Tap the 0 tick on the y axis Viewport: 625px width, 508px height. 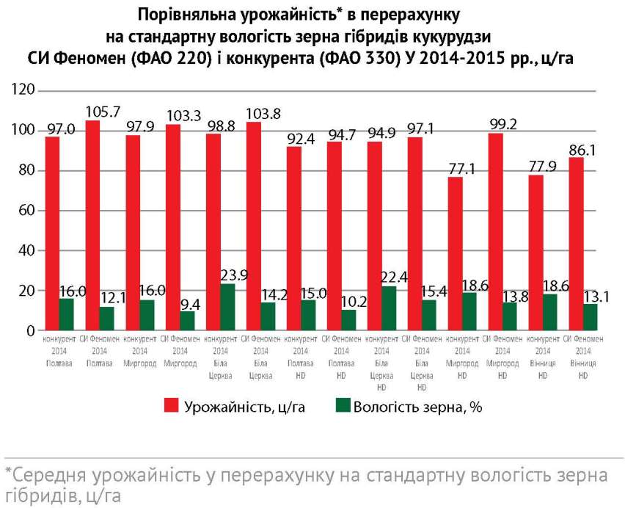[32, 331]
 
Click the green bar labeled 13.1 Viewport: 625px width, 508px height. [589, 317]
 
